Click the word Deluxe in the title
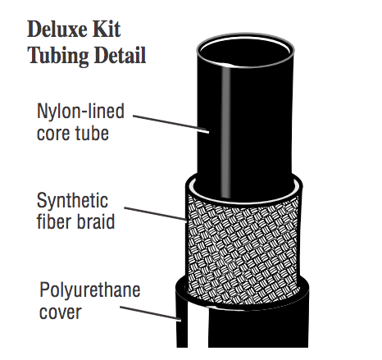[57, 29]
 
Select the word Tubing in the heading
[58, 56]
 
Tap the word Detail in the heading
[121, 55]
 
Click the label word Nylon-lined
[80, 112]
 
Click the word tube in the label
[92, 133]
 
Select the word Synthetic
[72, 201]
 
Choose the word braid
[95, 221]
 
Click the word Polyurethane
[90, 290]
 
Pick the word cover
[61, 312]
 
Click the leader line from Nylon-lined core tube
[171, 124]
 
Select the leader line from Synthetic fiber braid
[156, 214]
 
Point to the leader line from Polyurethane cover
[151, 313]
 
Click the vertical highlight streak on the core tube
[225, 131]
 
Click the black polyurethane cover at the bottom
[257, 328]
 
